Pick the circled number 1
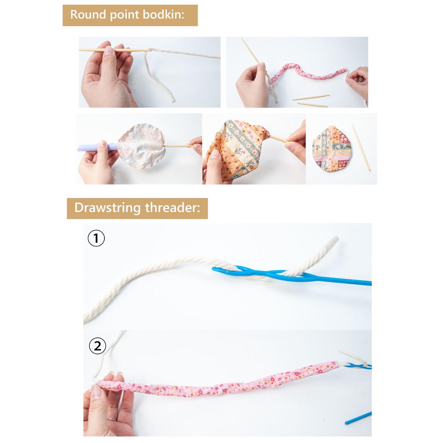(x=96, y=238)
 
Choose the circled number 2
(x=97, y=346)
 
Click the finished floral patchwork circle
(x=332, y=149)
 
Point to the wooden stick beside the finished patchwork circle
(x=361, y=147)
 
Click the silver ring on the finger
(x=112, y=419)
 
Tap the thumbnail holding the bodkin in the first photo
(x=109, y=51)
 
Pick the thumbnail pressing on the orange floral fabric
(x=215, y=155)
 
